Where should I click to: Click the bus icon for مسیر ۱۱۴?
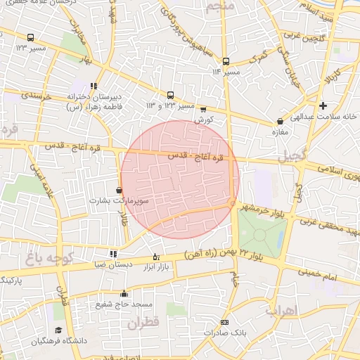point(225,61)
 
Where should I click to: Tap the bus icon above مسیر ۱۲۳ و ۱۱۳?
point(170,95)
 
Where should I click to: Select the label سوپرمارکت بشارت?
point(118,200)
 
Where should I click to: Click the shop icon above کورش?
point(203,109)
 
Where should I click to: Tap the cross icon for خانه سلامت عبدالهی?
point(323,106)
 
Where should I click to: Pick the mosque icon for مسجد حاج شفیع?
point(124,294)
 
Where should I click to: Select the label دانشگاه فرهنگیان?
point(58,340)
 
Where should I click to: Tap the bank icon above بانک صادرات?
point(224,322)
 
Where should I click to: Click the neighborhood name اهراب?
point(283,310)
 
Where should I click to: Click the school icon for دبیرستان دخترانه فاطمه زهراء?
point(94,86)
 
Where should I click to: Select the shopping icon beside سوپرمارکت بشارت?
point(118,189)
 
